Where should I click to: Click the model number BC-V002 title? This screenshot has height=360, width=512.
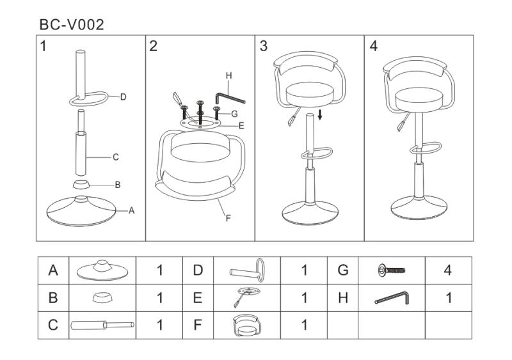pos(72,25)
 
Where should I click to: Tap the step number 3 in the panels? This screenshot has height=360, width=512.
pos(264,46)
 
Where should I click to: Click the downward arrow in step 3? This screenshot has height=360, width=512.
pos(320,114)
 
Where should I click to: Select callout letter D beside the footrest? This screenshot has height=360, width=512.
pos(123,97)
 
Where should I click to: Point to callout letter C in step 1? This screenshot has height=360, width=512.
pos(116,157)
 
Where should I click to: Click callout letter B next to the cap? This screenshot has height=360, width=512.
pos(118,185)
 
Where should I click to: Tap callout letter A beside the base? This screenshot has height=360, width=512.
pos(132,210)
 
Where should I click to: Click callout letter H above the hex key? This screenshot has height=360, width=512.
pos(229,75)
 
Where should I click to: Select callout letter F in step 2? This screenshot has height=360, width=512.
pos(228,218)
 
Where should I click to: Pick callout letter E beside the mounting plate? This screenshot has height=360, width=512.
pos(241,126)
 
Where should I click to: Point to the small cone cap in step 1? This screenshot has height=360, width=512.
pos(81,184)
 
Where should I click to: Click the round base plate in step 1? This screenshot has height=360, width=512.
pos(81,211)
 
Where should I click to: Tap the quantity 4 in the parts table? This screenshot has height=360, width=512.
pos(448,270)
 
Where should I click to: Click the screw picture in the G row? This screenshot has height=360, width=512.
pos(392,270)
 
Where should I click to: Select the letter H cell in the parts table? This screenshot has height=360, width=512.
pos(343,298)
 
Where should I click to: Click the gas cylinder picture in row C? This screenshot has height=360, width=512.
pos(102,325)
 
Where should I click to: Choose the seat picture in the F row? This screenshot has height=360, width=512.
pos(247,325)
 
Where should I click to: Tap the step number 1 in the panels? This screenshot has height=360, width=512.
pos(43,46)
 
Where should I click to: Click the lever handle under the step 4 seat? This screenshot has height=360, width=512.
pos(403,121)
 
